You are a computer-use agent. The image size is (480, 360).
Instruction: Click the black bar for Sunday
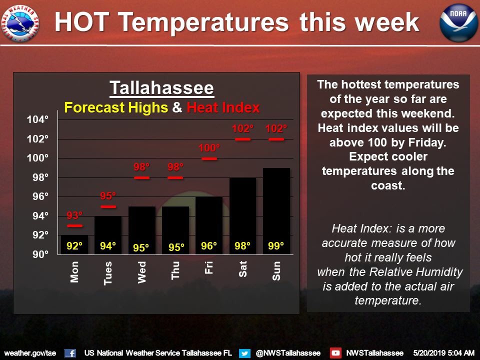pos(276,210)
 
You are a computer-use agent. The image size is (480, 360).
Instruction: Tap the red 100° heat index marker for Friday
pos(209,158)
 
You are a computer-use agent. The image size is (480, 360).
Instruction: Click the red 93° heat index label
pos(74,216)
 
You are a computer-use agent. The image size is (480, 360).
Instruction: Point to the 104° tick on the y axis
pos(38,119)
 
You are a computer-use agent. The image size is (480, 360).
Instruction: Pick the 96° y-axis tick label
pos(38,196)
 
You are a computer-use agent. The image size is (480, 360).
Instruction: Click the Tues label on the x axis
pos(108,273)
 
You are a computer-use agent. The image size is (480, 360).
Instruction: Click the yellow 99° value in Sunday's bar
pos(276,246)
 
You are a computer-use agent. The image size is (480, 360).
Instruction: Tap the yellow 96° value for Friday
pos(209,246)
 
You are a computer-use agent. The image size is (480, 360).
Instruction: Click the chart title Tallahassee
pos(162,88)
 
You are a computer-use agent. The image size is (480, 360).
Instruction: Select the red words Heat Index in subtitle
pos(223,107)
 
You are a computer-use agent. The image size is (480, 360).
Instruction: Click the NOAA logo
pos(455,23)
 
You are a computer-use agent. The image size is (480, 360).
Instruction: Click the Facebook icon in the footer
pos(70,352)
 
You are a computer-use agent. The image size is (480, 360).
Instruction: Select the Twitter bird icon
pos(244,352)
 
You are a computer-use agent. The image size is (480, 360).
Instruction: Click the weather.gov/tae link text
pos(29,352)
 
